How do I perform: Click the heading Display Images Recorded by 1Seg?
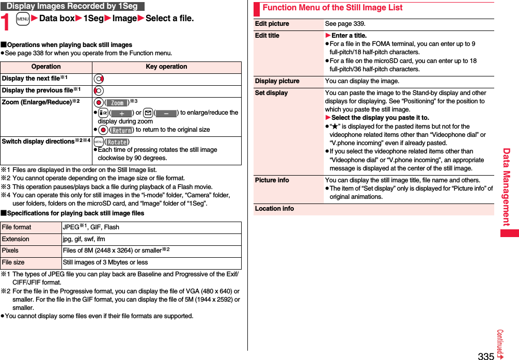pos(72,6)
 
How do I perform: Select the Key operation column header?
pos(166,67)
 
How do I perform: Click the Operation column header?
pos(46,67)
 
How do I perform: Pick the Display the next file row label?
pos(33,79)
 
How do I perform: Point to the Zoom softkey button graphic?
pos(117,103)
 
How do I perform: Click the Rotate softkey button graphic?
pos(117,142)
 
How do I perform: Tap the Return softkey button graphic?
pos(122,130)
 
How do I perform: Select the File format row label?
pos(17,227)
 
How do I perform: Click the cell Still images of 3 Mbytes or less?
pos(105,262)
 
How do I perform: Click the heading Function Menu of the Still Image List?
pos(332,8)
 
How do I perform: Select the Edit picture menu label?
pos(272,24)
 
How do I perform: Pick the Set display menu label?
pos(272,93)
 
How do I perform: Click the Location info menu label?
pos(275,209)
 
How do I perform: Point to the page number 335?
pos(485,355)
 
